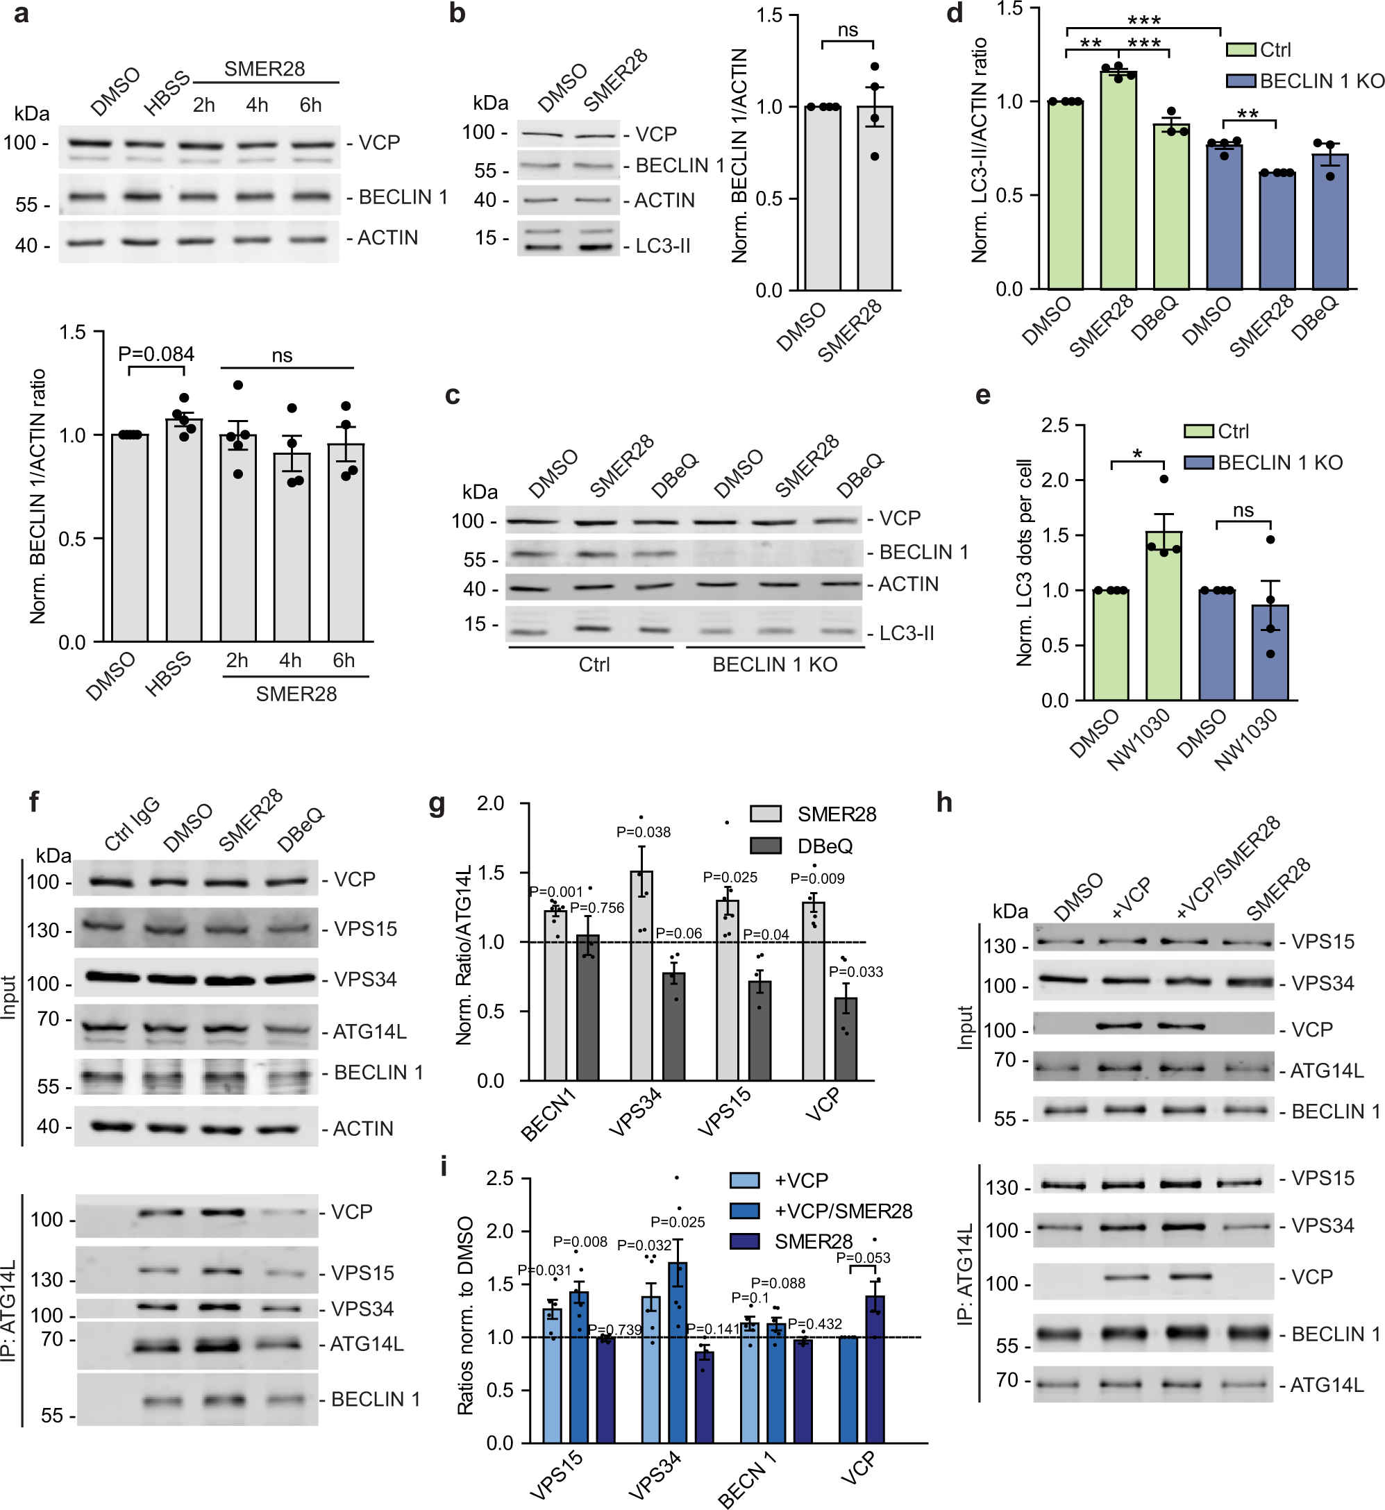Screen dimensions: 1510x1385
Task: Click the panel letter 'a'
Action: [x=22, y=15]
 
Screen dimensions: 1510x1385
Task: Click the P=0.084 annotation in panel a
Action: [x=156, y=353]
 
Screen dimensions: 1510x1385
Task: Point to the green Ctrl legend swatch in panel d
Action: [x=1241, y=49]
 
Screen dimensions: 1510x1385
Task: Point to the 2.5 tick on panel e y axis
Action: [x=1055, y=425]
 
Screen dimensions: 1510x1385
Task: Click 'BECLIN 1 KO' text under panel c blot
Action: [x=774, y=664]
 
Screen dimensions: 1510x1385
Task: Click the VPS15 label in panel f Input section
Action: [x=365, y=928]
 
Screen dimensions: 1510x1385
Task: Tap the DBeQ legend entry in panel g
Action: [x=825, y=846]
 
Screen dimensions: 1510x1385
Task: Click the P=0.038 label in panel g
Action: [x=643, y=832]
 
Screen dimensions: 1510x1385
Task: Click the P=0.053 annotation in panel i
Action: [x=863, y=1257]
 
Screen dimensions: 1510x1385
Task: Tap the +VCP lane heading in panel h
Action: [x=1133, y=899]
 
